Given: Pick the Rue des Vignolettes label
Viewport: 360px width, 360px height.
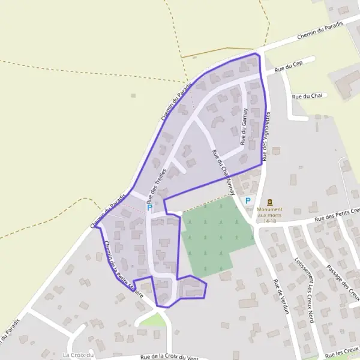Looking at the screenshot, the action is (x=266, y=137).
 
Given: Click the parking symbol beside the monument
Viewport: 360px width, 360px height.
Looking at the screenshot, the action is (x=247, y=201).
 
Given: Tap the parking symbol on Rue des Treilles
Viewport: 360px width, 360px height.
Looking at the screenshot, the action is (x=149, y=207).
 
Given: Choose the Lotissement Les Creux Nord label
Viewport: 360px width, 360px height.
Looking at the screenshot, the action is (x=305, y=290).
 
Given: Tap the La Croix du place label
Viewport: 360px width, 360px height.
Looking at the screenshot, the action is (x=79, y=355).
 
